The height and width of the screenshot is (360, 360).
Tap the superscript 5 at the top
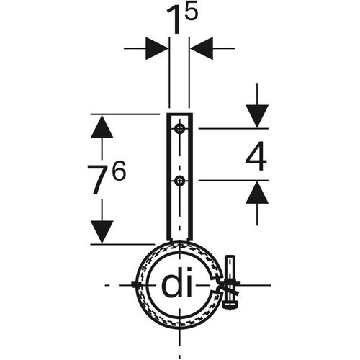191,12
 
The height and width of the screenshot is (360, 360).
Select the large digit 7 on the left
98,179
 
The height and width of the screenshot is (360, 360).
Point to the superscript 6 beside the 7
119,171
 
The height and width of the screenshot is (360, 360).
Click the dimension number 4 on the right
256,156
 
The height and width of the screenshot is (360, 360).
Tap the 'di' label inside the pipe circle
177,286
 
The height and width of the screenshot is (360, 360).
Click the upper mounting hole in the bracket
179,129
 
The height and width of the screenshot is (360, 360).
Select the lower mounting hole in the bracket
179,181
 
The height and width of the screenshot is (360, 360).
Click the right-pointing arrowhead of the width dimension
157,48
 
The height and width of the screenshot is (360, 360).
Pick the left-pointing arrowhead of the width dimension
202,48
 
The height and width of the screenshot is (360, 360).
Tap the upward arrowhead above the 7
102,127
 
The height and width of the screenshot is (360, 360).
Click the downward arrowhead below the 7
102,232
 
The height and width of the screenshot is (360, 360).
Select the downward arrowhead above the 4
257,116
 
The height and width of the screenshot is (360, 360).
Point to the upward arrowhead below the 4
257,192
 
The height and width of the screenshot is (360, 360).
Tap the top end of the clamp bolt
230,257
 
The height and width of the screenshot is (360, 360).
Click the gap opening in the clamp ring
216,286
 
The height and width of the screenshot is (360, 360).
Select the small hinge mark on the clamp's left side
137,284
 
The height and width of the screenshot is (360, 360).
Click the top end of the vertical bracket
180,114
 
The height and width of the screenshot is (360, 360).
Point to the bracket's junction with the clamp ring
180,240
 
